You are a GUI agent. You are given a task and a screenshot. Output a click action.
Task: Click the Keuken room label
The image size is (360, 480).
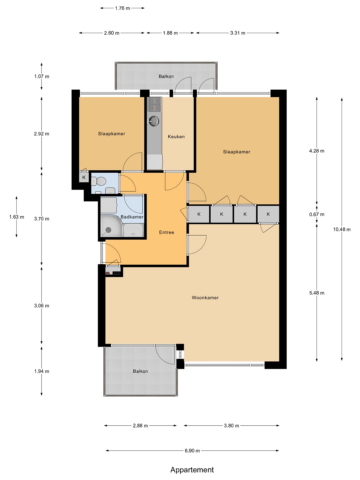176,137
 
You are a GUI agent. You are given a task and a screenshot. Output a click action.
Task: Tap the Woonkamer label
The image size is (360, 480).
205,298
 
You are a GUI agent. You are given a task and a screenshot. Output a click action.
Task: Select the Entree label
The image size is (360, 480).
167,232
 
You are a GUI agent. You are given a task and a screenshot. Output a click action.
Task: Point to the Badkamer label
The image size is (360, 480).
132,217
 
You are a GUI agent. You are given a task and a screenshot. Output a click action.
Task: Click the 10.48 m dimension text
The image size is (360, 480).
342,229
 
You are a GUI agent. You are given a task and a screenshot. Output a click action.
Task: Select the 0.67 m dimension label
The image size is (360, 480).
317,214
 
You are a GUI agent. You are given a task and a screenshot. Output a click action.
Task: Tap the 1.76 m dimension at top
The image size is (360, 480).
122,8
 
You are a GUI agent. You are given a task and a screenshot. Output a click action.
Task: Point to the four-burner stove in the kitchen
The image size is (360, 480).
155,104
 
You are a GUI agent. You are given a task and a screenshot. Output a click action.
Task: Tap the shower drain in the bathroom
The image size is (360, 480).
108,230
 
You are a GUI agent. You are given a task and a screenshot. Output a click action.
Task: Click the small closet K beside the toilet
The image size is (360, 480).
84,178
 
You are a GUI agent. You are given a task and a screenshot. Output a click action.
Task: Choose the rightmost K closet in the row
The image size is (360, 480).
268,214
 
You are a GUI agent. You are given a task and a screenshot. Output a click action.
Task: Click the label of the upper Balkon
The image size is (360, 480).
166,76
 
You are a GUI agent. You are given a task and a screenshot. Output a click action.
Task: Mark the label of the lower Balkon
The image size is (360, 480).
140,371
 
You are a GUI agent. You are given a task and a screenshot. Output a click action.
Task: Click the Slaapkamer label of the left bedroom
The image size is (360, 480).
111,134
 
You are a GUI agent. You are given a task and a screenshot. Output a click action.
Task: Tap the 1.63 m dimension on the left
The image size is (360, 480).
17,217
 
